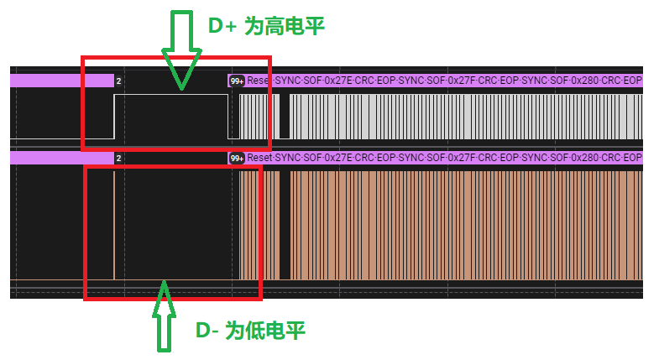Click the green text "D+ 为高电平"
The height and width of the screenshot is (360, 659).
click(x=265, y=26)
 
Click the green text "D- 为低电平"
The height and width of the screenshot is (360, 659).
click(x=250, y=331)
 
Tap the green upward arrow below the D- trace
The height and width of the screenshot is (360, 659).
click(x=165, y=315)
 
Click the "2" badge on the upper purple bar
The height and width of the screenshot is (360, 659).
click(x=118, y=81)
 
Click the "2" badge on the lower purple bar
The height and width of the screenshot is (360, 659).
click(x=118, y=158)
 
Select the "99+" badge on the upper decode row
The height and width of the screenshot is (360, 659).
click(x=237, y=81)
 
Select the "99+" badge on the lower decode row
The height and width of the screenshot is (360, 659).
click(x=237, y=158)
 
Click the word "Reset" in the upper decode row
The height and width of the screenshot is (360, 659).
click(x=259, y=81)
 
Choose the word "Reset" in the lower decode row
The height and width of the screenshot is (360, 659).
click(x=259, y=158)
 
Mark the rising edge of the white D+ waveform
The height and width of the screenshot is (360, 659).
click(x=114, y=116)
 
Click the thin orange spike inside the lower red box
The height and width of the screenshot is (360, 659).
click(x=114, y=225)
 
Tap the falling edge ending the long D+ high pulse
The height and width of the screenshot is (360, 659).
click(x=229, y=116)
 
